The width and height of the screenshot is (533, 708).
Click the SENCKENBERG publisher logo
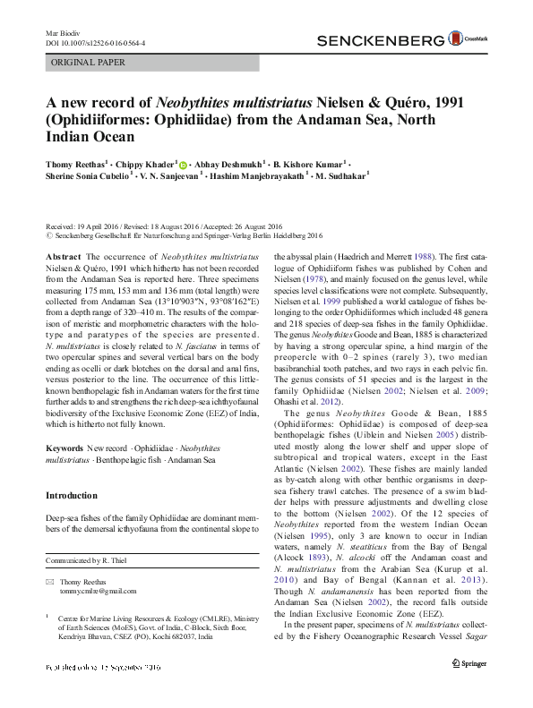(381, 40)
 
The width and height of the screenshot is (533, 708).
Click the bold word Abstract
(62, 257)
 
